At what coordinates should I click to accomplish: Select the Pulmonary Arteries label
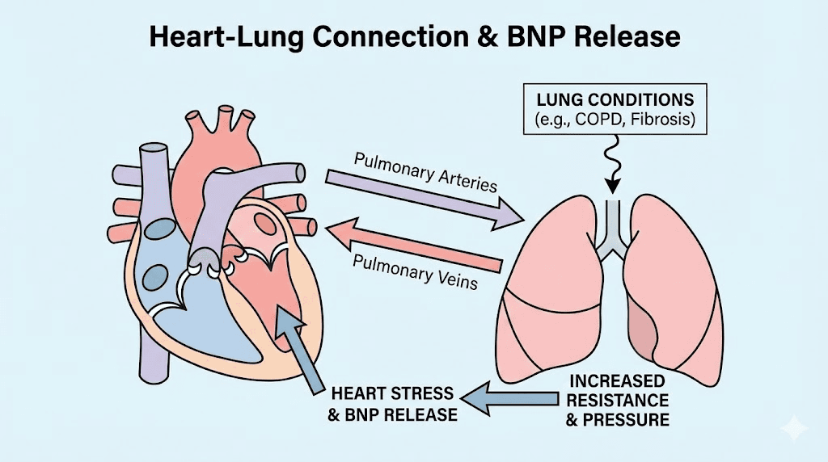[x=425, y=171]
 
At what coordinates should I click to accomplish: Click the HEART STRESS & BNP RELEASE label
[x=395, y=405]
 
